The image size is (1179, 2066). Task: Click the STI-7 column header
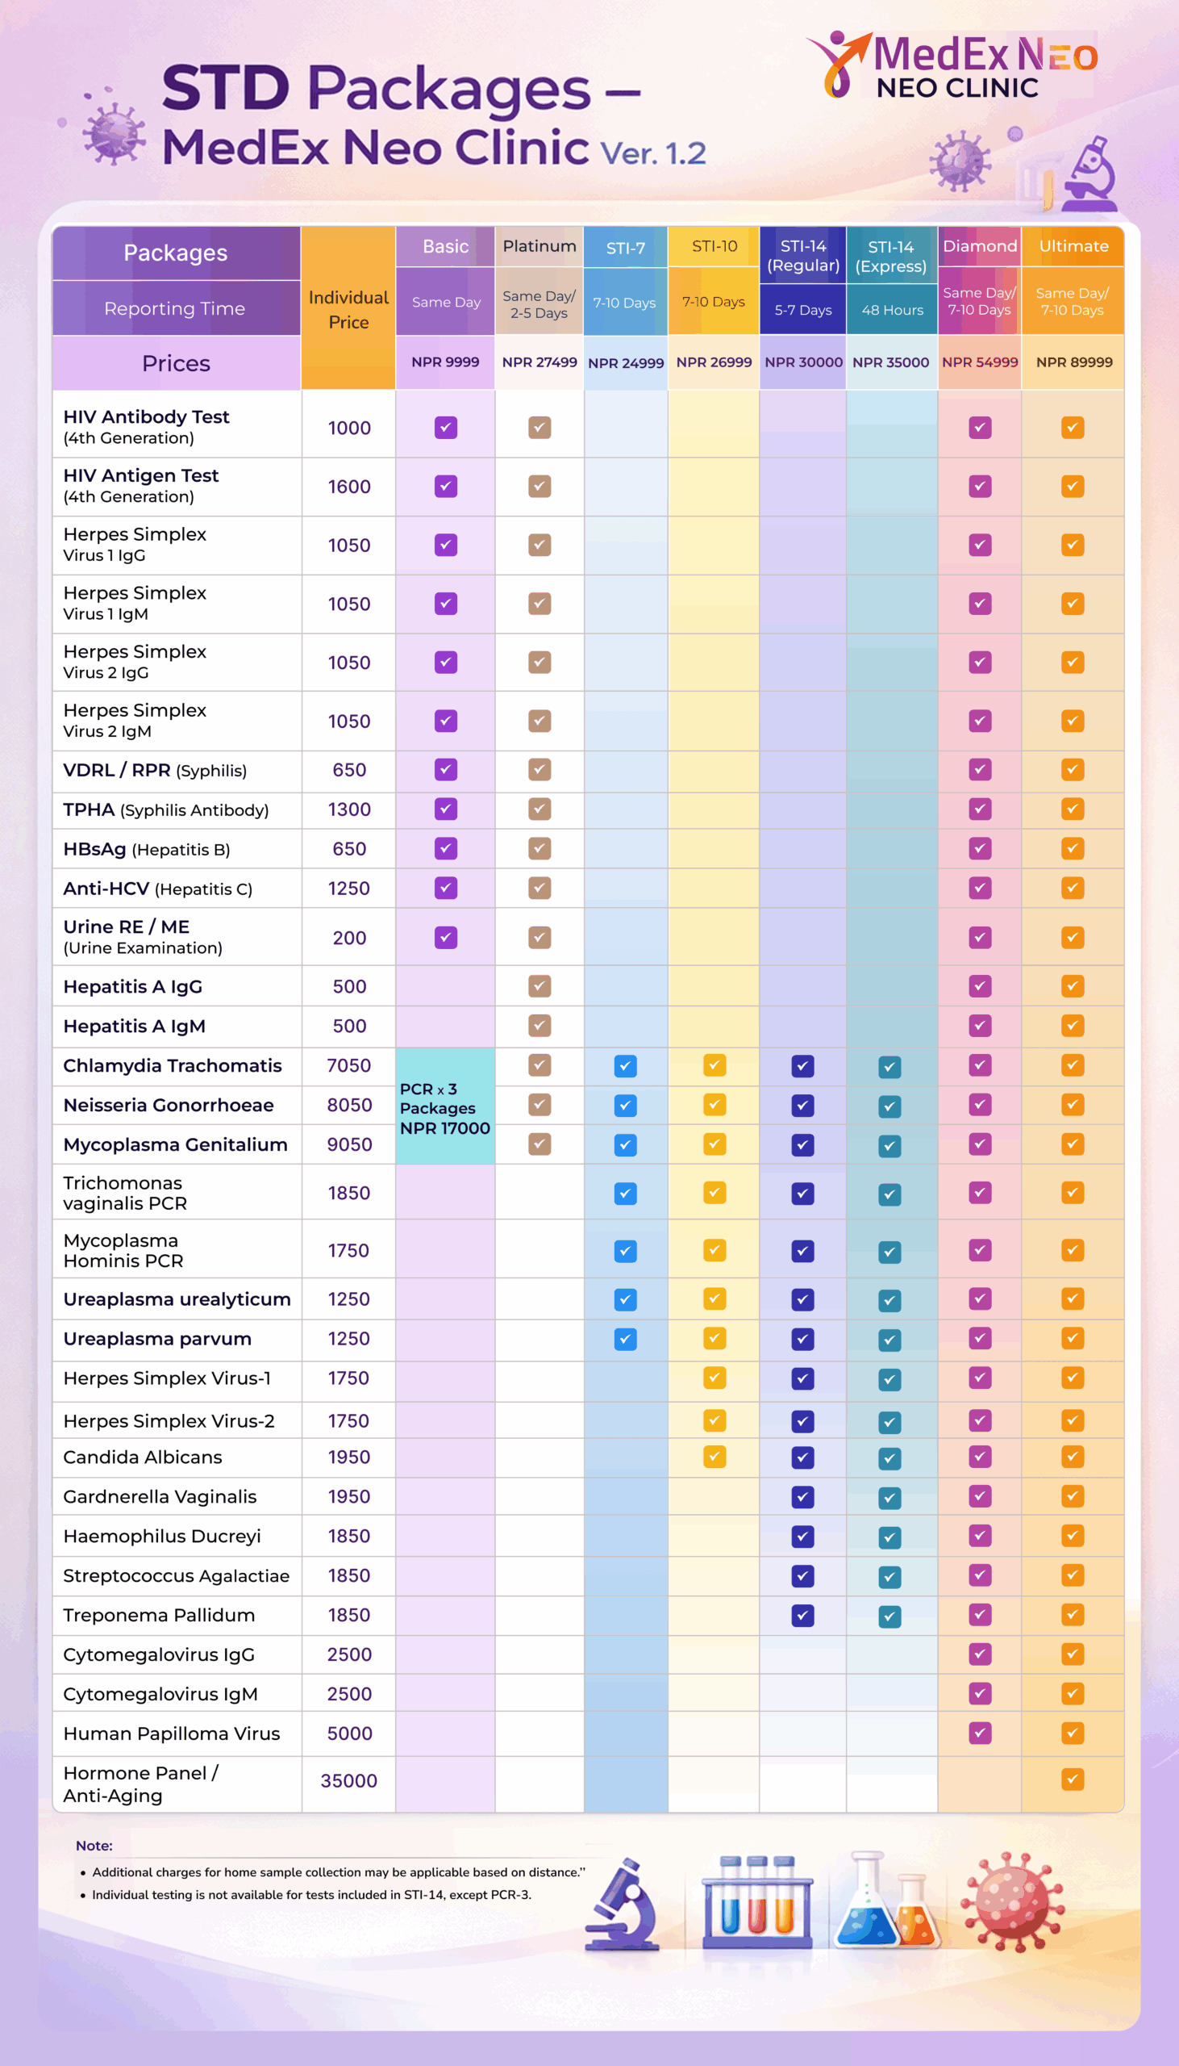coord(625,248)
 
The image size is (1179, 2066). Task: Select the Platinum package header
coord(540,246)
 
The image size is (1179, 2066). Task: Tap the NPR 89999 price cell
coord(1073,362)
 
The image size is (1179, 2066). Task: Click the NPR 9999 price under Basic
coord(445,362)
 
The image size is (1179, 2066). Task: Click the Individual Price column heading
coord(348,309)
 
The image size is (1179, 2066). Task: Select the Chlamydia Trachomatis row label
coord(173,1066)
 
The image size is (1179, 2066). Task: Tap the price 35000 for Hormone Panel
coord(348,1781)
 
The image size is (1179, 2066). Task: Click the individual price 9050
coord(349,1145)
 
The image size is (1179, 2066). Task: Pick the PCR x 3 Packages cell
coord(444,1108)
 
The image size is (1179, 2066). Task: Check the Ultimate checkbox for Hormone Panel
coord(1072,1780)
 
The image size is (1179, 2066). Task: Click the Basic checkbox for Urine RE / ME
coord(445,939)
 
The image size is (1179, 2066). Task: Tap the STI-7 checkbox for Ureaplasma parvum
coord(625,1339)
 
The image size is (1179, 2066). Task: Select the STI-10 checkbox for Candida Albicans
coord(714,1457)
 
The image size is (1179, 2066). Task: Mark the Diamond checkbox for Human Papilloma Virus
coord(980,1734)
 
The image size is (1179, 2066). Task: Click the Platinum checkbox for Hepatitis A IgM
coord(540,1027)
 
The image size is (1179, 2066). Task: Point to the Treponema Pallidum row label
coord(159,1616)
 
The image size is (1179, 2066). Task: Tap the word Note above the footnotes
coord(94,1846)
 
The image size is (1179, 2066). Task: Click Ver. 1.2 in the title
coord(652,153)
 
